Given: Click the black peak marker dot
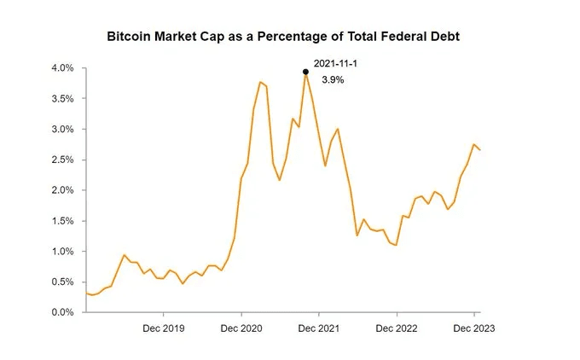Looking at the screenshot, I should (305, 72).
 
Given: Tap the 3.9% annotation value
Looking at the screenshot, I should (333, 79).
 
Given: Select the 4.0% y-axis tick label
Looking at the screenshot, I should (62, 68).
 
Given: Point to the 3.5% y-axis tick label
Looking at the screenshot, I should (62, 99).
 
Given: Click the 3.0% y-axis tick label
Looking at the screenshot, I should (62, 130).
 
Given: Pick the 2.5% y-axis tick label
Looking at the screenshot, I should (62, 160).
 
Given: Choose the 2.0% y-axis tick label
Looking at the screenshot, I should (62, 190).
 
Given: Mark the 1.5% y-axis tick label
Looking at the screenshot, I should (62, 221).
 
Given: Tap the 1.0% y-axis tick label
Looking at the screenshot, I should (62, 252).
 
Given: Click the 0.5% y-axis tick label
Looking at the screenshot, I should (62, 282).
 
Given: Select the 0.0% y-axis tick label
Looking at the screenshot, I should (62, 312).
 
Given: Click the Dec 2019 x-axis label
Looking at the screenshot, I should (163, 328).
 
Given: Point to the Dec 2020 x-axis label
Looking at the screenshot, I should (241, 328).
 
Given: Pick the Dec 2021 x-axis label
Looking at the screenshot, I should (319, 328).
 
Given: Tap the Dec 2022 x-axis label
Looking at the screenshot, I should (397, 328).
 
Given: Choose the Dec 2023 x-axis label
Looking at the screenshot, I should (474, 328).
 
